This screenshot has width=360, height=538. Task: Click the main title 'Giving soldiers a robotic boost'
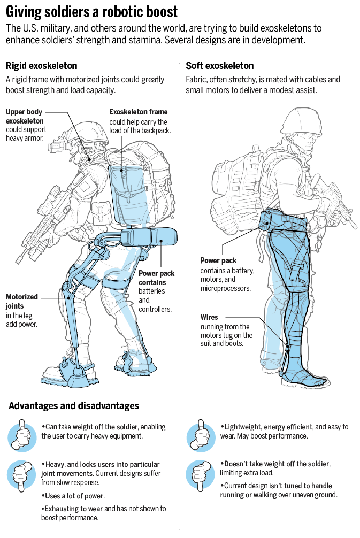91,11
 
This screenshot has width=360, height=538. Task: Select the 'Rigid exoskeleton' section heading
41,66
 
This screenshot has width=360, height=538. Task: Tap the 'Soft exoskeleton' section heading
219,66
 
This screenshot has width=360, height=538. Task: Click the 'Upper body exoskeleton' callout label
26,116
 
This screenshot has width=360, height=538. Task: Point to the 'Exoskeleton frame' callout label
138,112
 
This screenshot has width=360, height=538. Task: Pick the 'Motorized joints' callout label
22,302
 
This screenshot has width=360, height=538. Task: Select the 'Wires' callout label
209,317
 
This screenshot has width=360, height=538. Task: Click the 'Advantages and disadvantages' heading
74,406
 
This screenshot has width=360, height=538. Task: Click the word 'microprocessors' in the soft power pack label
225,288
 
